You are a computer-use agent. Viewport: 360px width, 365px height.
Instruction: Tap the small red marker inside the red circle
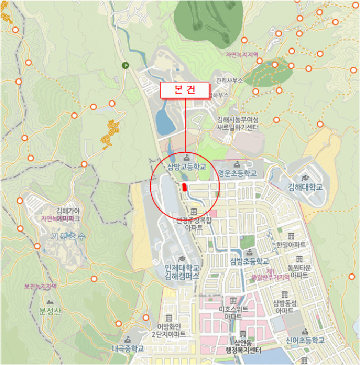click(x=185, y=187)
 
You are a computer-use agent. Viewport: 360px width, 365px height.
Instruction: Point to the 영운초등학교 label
click(x=237, y=173)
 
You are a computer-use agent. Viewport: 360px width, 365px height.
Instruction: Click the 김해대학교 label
click(x=305, y=187)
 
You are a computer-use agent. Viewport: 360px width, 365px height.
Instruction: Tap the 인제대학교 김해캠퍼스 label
click(x=182, y=272)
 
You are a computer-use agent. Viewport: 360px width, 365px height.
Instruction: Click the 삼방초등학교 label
click(x=249, y=261)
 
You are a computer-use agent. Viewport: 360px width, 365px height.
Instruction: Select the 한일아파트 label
click(x=291, y=245)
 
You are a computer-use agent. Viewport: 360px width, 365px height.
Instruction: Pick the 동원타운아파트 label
click(x=300, y=271)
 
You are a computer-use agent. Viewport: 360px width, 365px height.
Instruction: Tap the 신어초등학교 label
click(x=305, y=340)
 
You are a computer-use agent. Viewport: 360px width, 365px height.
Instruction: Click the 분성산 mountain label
click(x=50, y=312)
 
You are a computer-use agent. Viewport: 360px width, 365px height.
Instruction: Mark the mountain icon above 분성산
click(x=50, y=302)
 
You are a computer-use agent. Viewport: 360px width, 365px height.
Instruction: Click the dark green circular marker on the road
click(x=125, y=65)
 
